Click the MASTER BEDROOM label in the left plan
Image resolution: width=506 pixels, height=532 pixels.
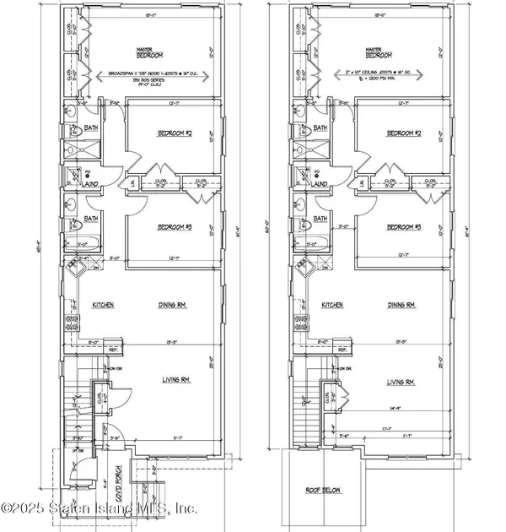coord(153,54)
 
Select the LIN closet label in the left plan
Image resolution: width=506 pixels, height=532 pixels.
coord(131,184)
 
